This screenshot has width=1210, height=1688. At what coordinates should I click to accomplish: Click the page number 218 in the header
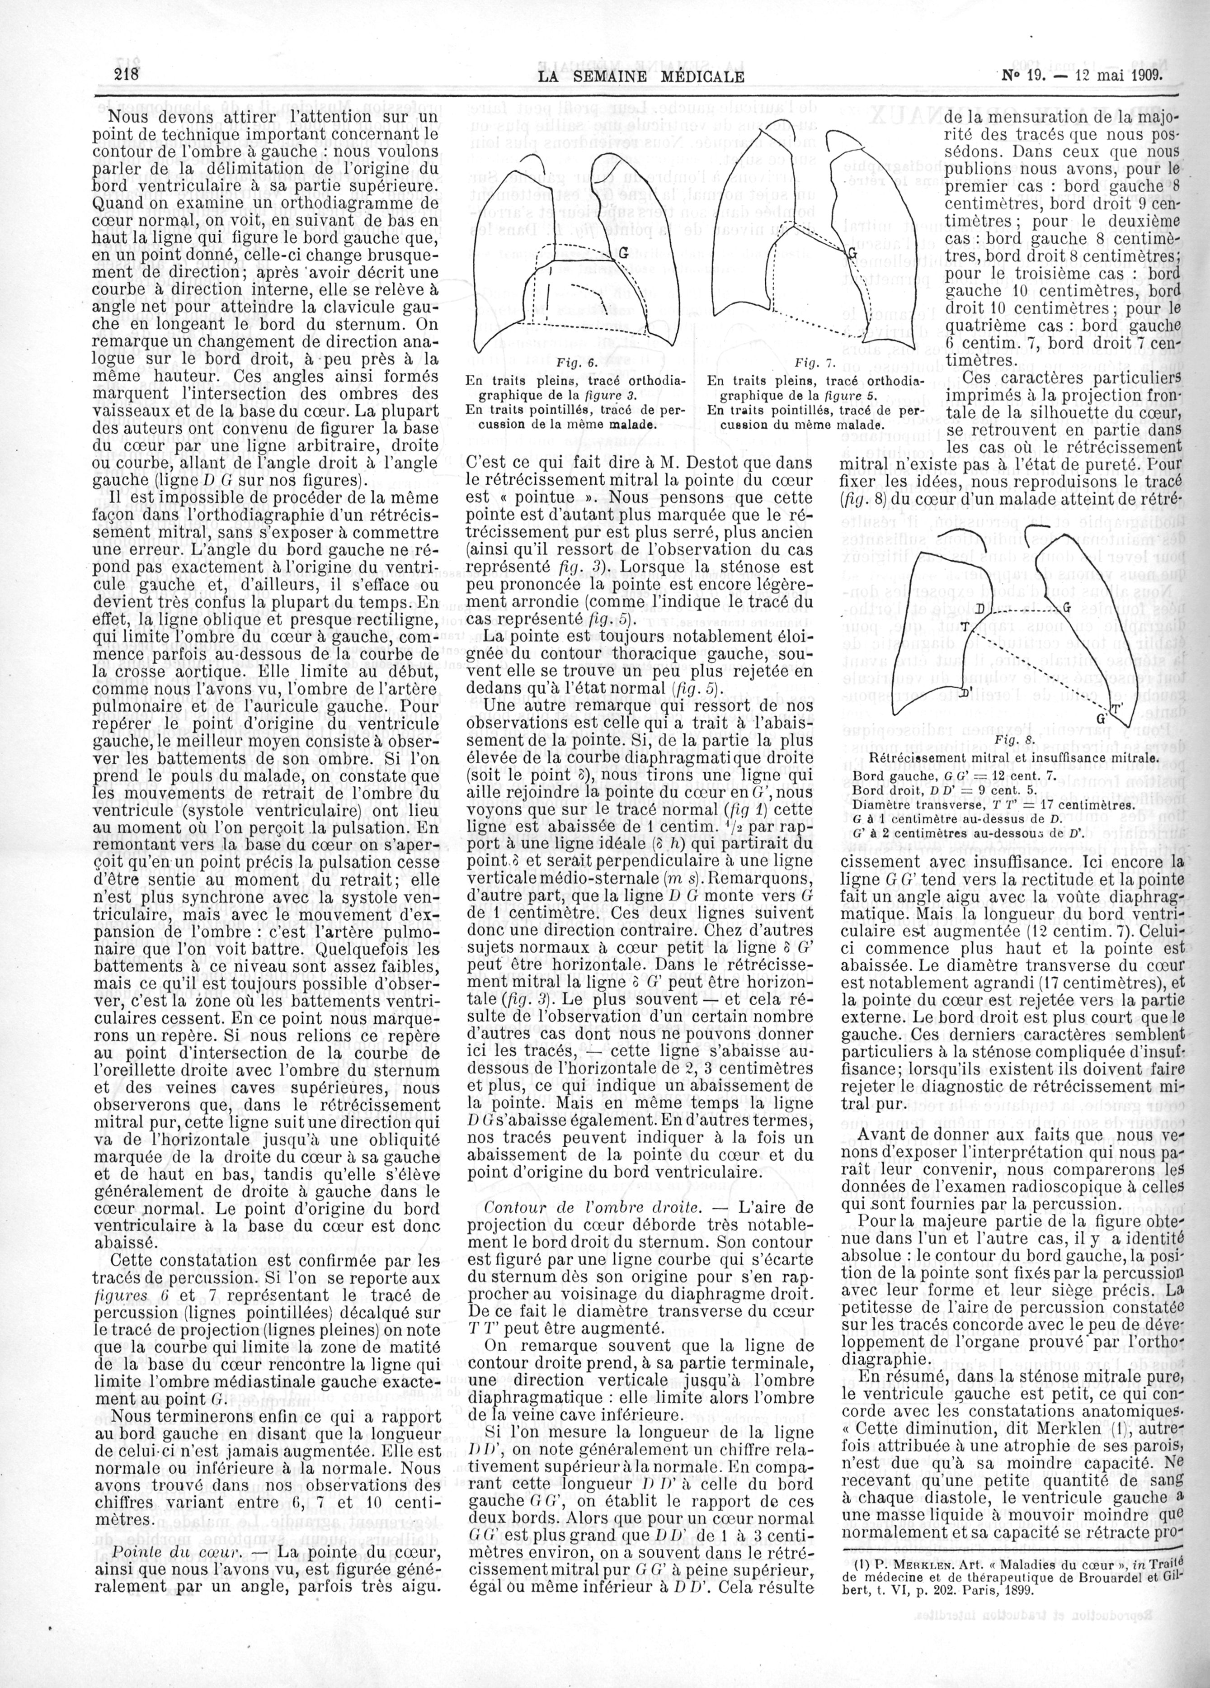[128, 75]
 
